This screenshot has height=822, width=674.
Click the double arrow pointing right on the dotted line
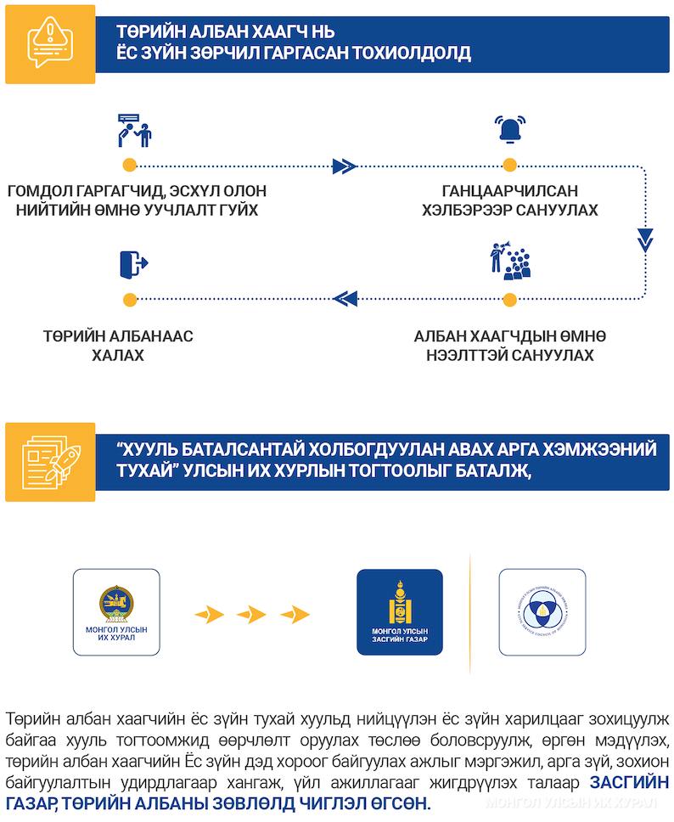(344, 165)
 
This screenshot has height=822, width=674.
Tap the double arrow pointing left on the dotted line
(345, 298)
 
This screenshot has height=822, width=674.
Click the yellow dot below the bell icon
(508, 165)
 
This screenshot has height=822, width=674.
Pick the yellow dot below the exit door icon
(129, 299)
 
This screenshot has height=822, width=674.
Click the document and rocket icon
(49, 459)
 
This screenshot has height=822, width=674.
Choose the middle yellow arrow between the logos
(251, 613)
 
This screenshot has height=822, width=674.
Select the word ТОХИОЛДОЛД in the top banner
(395, 53)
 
